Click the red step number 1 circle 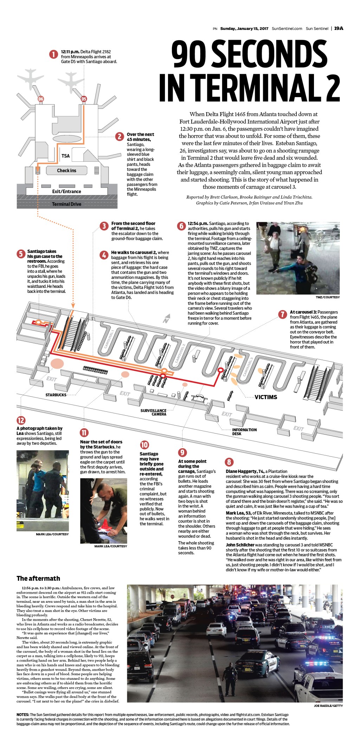point(53,54)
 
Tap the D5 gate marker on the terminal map point(84,99)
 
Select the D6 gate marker point(41,99)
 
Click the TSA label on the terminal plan point(65,156)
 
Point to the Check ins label point(66,171)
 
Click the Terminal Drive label point(66,204)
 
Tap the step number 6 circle point(181,226)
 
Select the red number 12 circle point(21,420)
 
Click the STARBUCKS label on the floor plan point(56,395)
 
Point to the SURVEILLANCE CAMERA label point(154,412)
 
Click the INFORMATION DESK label point(244,431)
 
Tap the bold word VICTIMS point(266,397)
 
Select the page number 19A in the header point(339,28)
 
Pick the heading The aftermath point(38,578)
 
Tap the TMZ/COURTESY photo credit point(328,297)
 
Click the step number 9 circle point(182,452)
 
